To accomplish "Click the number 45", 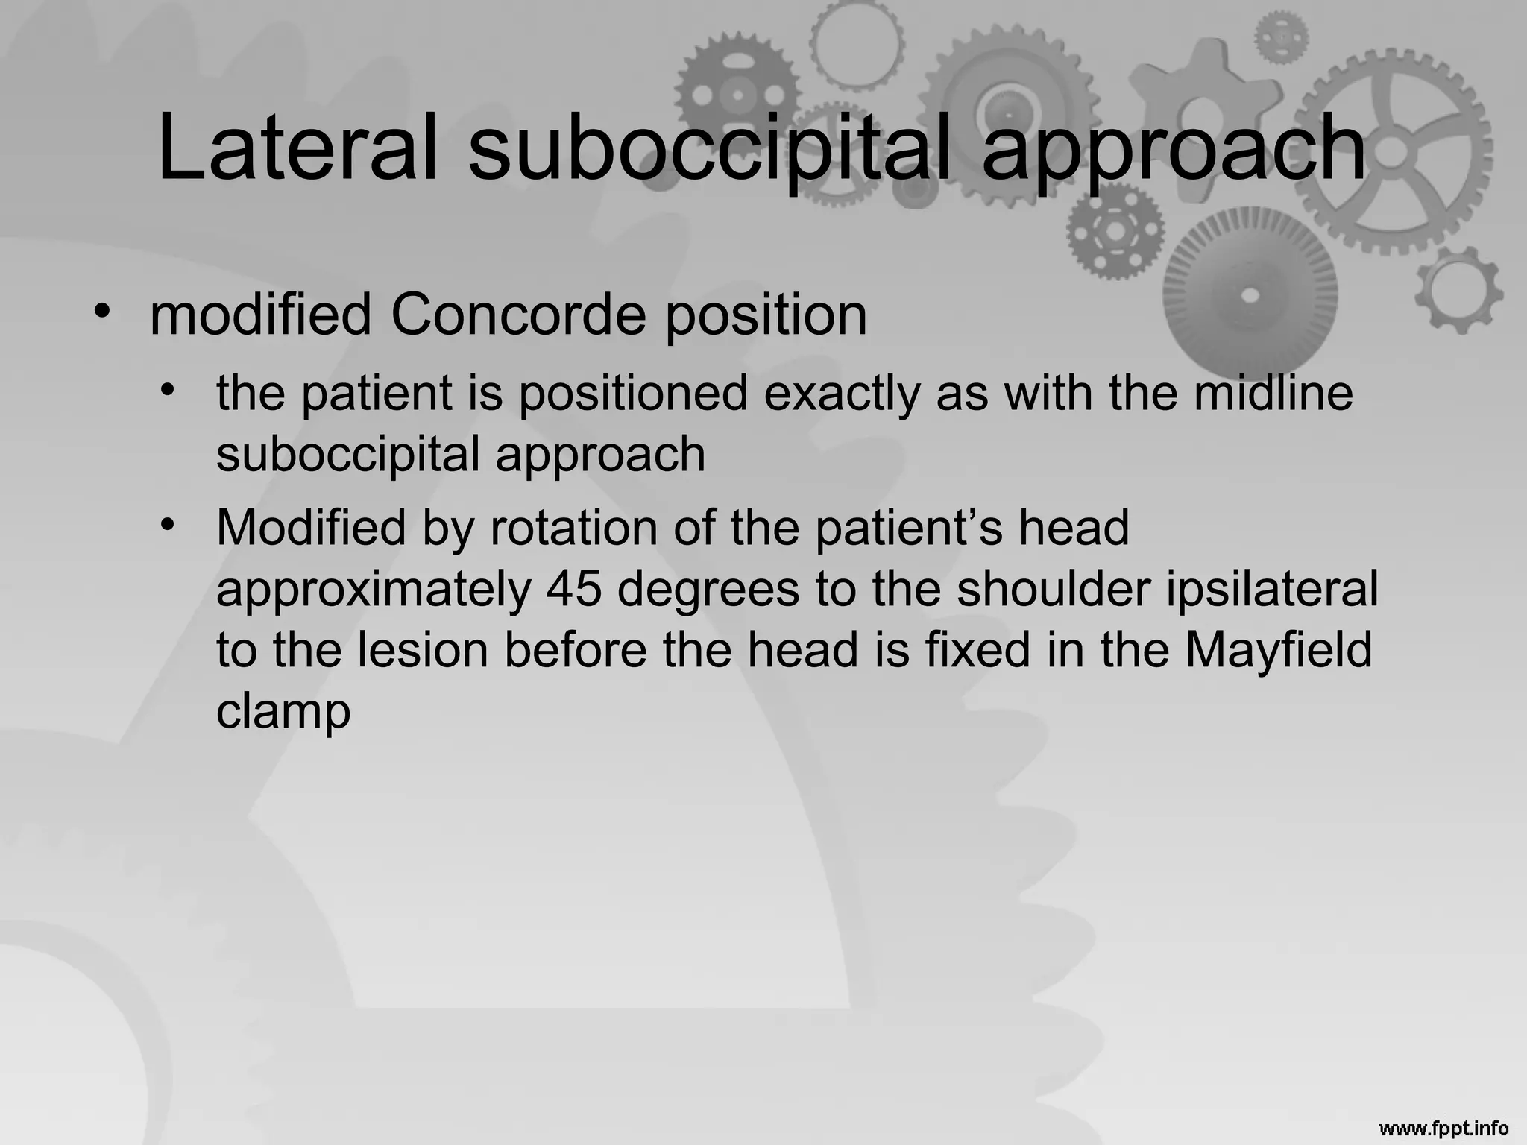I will pos(573,590).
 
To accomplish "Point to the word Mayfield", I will pos(1278,651).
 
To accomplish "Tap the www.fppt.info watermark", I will pos(1443,1128).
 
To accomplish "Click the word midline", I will pos(1273,393).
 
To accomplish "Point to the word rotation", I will pos(573,529).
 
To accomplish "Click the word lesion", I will pos(422,651).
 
